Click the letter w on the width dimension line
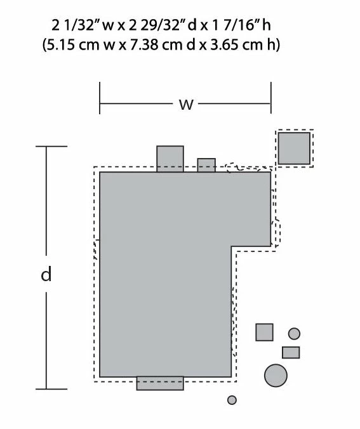pyautogui.click(x=186, y=105)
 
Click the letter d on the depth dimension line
pyautogui.click(x=46, y=274)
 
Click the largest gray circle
pyautogui.click(x=276, y=376)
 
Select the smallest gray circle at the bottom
pyautogui.click(x=232, y=400)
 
